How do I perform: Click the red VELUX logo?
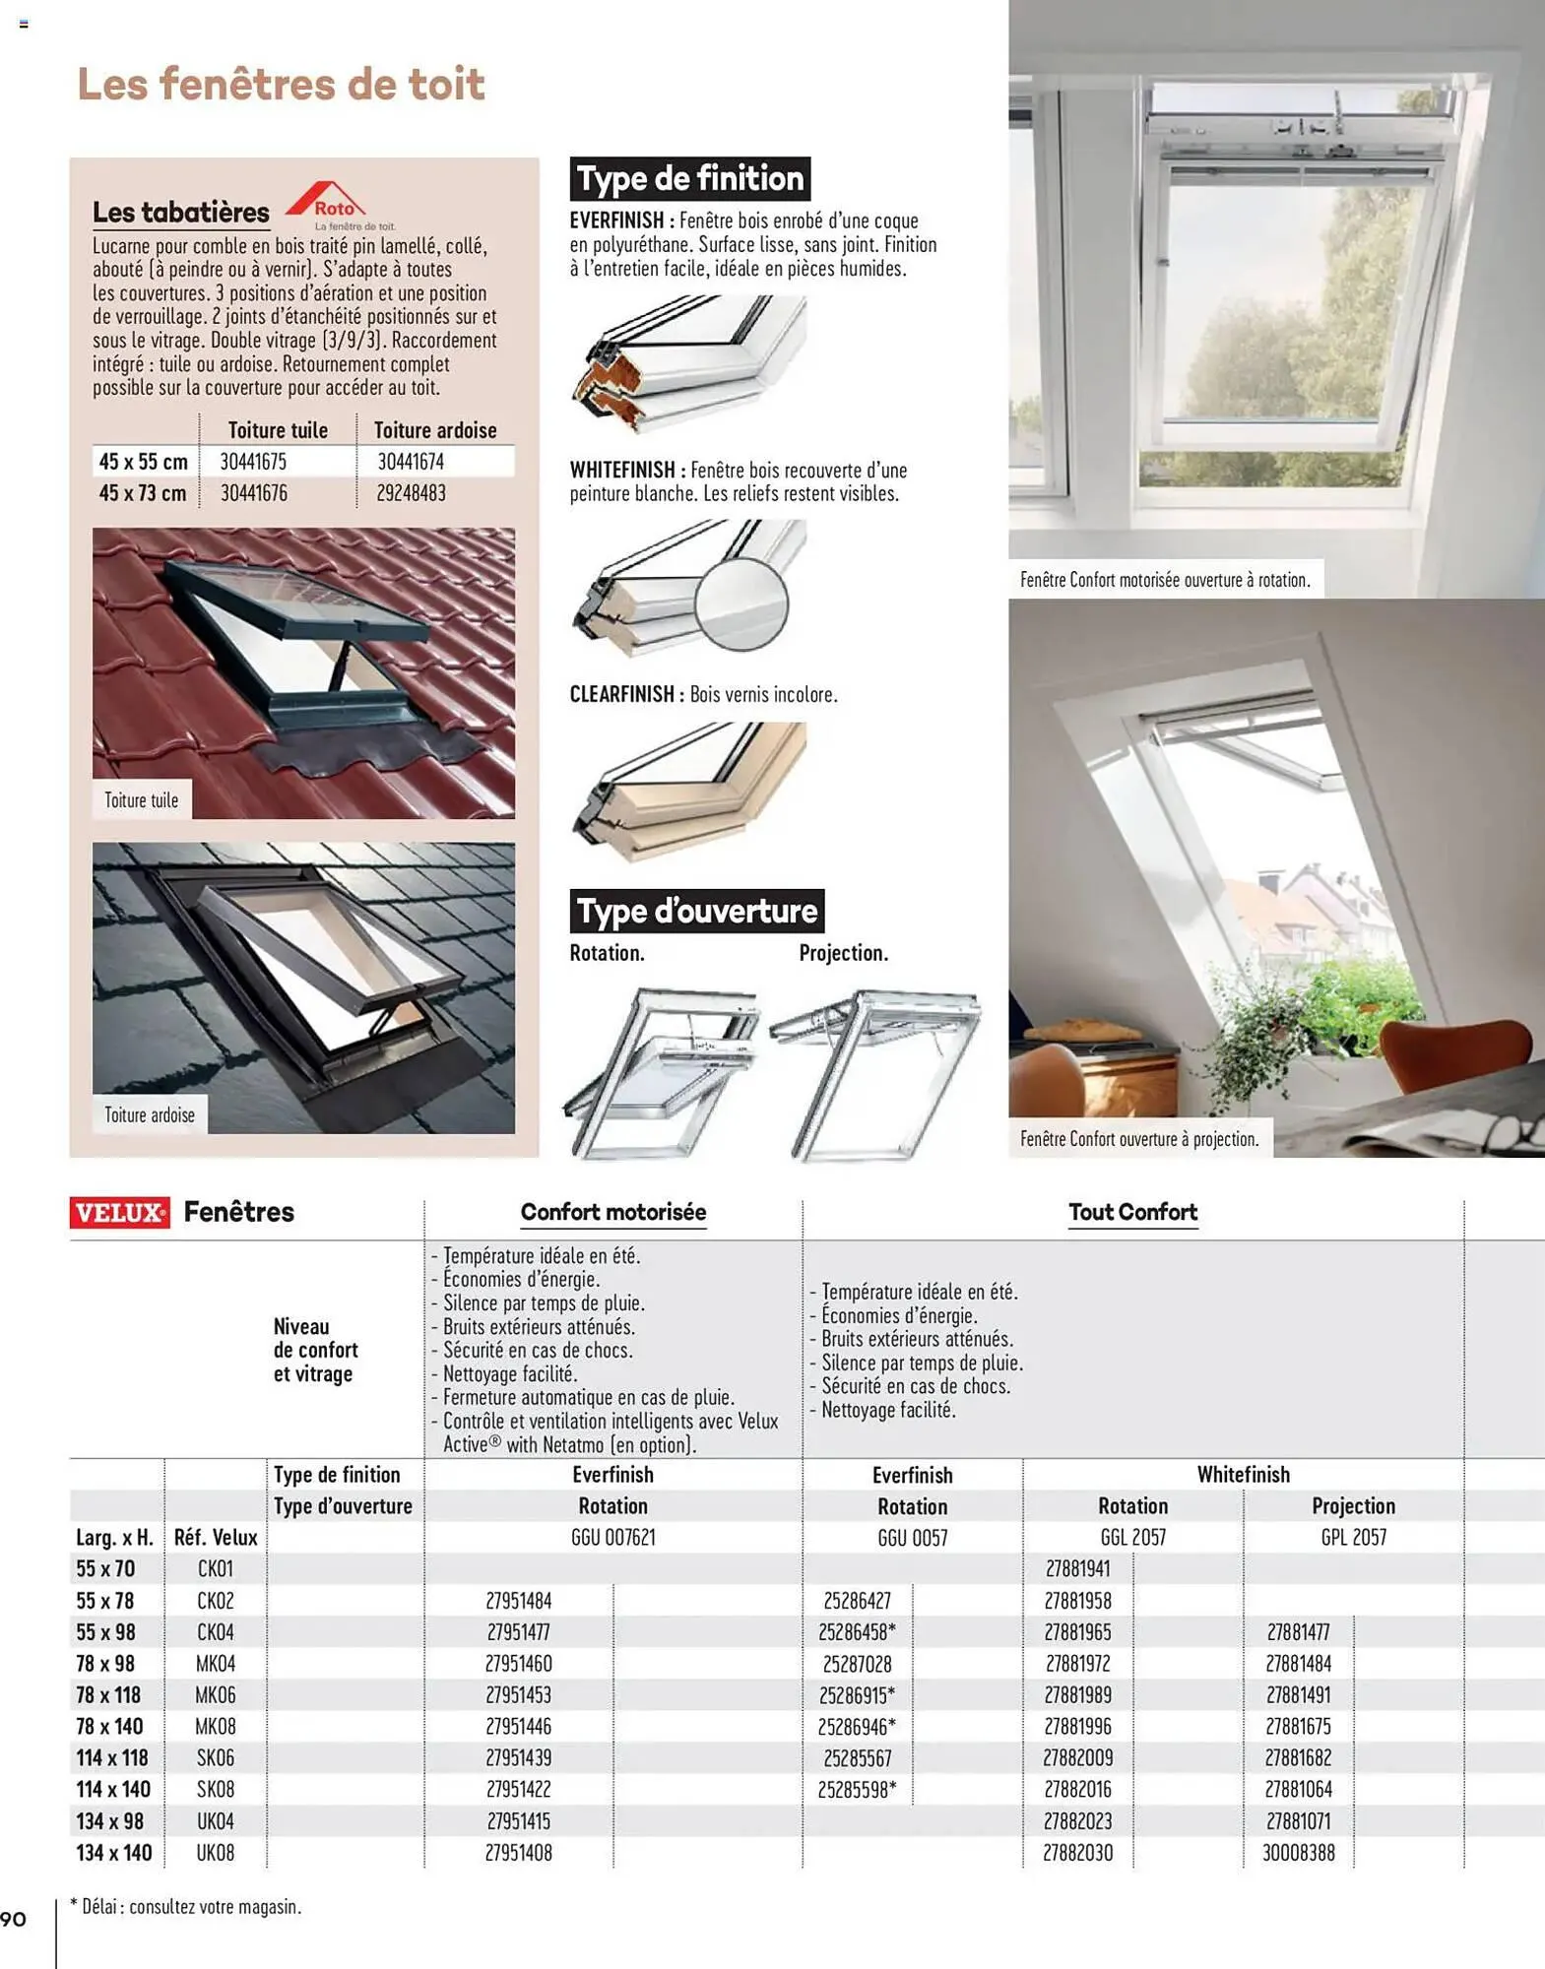119,1212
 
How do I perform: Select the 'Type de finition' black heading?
690,179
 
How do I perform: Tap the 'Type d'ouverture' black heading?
696,911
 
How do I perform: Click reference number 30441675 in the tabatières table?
253,462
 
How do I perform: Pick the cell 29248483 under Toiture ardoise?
411,493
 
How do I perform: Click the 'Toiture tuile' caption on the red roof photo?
142,800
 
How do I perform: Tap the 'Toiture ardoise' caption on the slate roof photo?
150,1115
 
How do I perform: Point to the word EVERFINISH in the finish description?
616,221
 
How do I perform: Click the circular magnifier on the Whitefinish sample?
740,603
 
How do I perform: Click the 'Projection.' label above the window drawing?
843,953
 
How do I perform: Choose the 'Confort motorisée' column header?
612,1212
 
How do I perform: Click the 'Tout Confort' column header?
1132,1212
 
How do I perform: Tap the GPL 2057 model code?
1353,1538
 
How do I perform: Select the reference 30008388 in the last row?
1298,1853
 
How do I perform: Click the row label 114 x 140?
113,1790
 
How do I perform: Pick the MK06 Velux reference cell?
215,1695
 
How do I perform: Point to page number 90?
14,1919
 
